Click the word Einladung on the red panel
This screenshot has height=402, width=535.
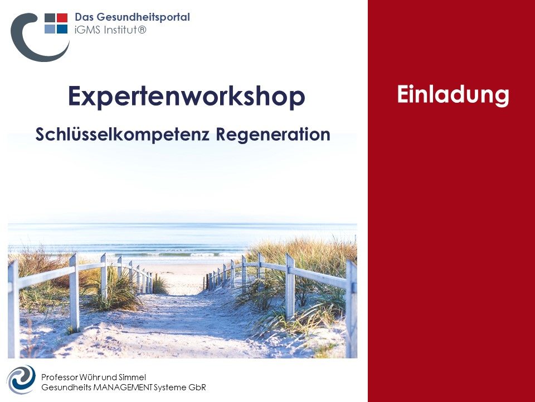453,95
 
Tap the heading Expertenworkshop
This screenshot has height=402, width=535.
187,97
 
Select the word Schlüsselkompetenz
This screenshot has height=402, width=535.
122,135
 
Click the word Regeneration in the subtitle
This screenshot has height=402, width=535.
273,135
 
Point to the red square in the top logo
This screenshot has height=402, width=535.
62,18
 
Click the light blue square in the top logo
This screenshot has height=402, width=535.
50,29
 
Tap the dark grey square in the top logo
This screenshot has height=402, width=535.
50,18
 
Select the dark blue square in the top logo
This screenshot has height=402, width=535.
62,29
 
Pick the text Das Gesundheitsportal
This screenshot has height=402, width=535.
132,17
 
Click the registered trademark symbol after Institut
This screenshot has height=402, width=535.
142,30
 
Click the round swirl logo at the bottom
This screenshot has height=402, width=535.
21,380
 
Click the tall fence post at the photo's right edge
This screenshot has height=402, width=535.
351,309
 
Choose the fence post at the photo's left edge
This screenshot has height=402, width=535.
13,309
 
